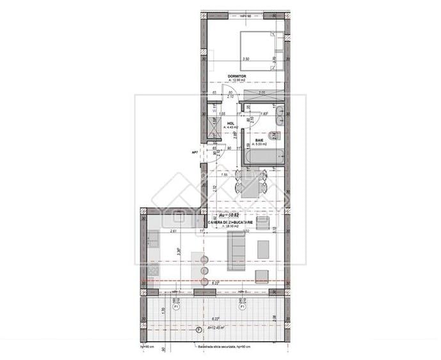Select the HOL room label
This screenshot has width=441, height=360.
click(231, 124)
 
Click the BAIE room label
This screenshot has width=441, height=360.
click(259, 139)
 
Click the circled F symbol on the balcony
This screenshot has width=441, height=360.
click(198, 329)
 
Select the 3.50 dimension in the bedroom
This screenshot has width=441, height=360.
click(246, 59)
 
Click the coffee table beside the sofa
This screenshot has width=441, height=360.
click(263, 247)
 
